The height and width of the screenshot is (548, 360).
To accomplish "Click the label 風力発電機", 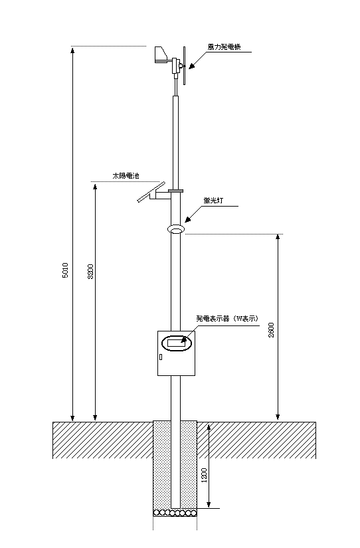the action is point(224,47).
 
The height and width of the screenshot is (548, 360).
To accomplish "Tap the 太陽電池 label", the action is point(126,175).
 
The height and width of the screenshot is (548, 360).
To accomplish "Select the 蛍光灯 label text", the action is point(213,200).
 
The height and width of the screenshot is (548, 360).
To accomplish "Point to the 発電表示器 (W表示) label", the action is point(227,318).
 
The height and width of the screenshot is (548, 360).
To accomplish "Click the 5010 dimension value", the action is point(65,270).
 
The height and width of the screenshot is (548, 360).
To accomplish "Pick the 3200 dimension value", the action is point(90,272).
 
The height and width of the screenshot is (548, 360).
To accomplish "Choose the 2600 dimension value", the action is point(271,330).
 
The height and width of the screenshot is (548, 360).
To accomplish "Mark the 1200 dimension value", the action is point(205,476).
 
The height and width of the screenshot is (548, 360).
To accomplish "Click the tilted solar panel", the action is point(151,192).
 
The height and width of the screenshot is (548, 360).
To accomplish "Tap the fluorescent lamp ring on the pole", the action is point(176,229).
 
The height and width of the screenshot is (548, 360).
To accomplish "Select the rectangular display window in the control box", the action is point(176,343).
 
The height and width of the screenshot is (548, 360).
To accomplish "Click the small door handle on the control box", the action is point(161,357).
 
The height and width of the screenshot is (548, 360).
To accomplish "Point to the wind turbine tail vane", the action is point(161,55).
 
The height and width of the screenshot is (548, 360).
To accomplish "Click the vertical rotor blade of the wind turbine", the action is point(184,66).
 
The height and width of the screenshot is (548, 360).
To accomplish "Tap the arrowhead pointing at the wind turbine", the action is point(193,65).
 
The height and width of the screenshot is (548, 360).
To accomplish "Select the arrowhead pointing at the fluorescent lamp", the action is point(189,219).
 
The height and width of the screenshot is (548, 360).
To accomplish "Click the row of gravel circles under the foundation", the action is point(175,513).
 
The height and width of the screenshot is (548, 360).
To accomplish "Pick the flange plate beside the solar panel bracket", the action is point(175,191).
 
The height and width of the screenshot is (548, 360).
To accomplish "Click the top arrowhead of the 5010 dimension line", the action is point(72,50).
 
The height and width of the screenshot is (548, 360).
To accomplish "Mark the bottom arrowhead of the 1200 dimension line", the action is point(209,504).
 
